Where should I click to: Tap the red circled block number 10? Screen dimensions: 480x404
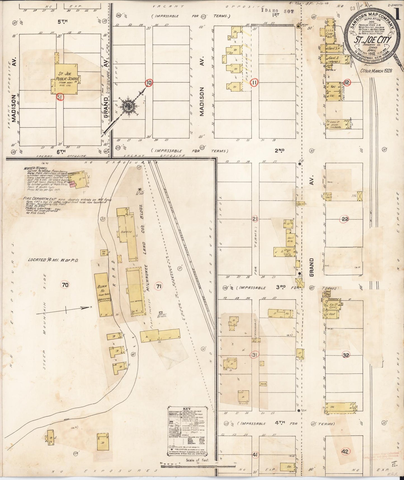pos(149,83)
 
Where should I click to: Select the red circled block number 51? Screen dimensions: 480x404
pos(60,97)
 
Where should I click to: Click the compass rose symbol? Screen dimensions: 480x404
pos(128,106)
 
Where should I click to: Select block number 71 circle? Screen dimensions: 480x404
pos(159,286)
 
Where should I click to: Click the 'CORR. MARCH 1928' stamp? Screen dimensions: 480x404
pos(376,71)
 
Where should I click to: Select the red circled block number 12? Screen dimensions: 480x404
pos(347,82)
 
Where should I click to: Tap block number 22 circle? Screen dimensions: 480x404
pos(345,219)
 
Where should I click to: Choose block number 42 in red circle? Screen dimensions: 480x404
pos(345,451)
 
